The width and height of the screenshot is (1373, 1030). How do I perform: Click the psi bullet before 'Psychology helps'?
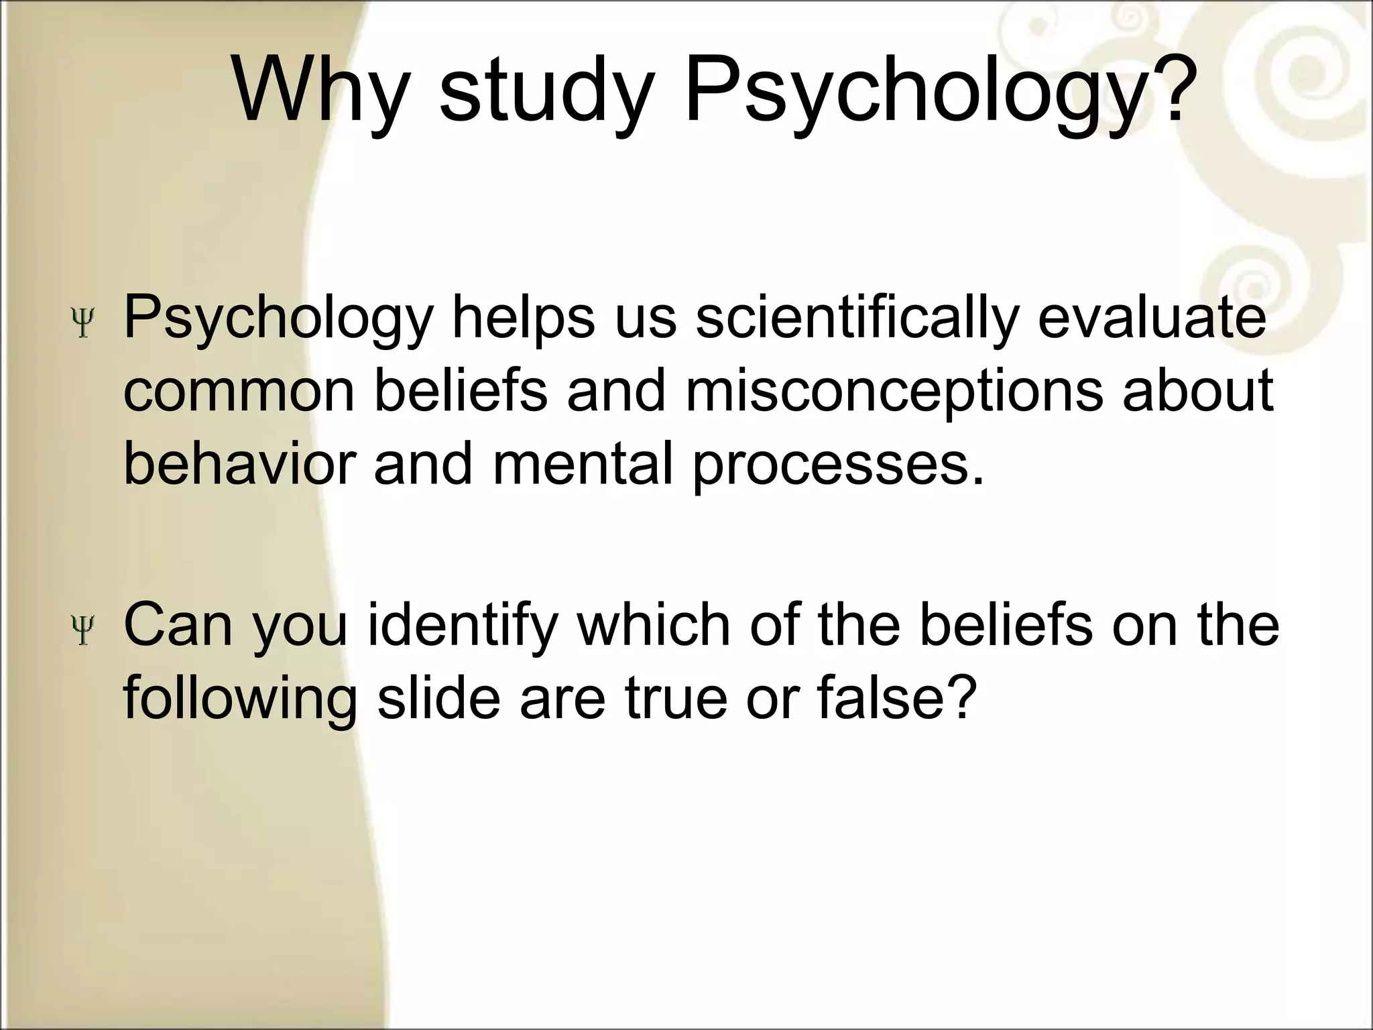tap(84, 323)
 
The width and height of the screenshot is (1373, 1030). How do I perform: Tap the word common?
tap(239, 392)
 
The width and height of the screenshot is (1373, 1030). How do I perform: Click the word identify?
tap(463, 625)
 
